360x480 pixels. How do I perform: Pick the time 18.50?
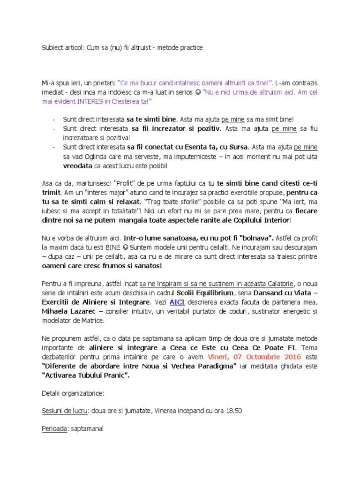point(233,411)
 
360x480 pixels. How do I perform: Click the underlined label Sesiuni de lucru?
point(65,411)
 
